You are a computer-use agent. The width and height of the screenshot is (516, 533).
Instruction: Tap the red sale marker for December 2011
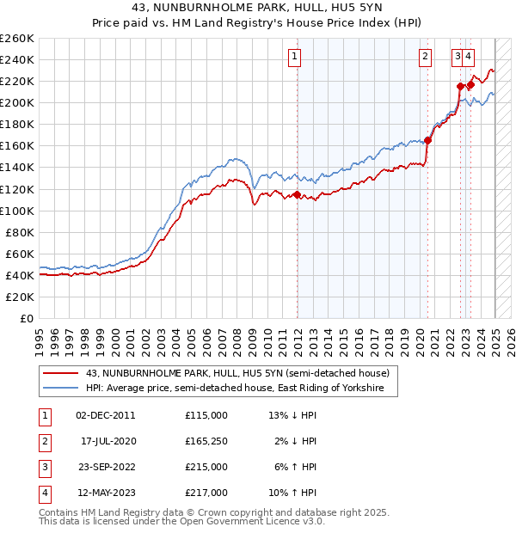[x=298, y=195]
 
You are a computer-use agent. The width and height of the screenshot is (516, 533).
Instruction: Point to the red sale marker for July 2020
[x=427, y=141]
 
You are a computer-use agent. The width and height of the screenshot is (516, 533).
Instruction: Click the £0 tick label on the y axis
[x=27, y=318]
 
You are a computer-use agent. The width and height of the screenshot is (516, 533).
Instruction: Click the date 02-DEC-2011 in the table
[x=106, y=415]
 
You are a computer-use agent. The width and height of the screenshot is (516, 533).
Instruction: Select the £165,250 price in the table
[x=206, y=441]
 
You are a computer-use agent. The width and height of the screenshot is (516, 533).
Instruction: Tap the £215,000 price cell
[x=206, y=467]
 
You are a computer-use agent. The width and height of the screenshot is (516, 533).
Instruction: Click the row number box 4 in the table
[x=43, y=493]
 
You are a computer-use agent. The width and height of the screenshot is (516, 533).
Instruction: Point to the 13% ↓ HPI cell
[x=293, y=415]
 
